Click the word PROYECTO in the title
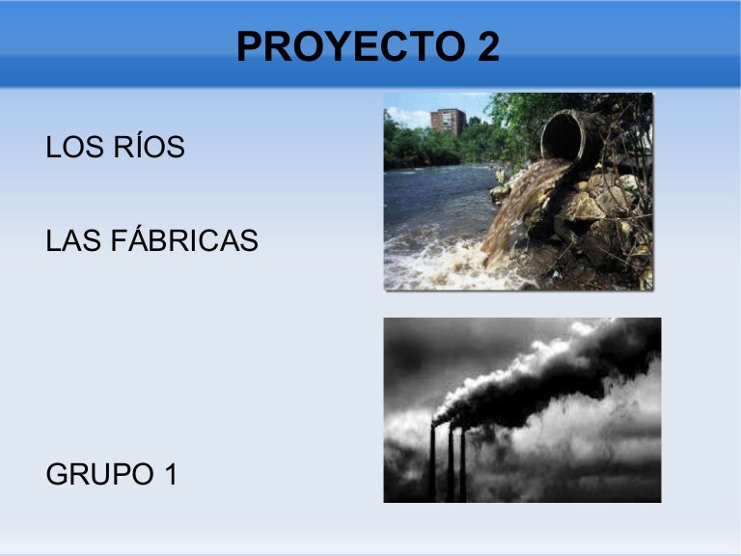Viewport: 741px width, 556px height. click(x=350, y=46)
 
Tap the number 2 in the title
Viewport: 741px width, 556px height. click(x=488, y=46)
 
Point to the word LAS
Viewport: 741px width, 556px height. click(x=73, y=240)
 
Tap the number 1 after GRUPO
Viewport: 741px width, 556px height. click(x=171, y=474)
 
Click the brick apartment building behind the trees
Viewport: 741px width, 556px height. click(x=448, y=121)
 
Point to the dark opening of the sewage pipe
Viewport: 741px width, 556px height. click(x=561, y=137)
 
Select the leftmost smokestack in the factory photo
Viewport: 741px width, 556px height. click(x=432, y=462)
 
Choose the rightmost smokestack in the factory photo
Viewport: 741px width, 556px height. click(x=463, y=464)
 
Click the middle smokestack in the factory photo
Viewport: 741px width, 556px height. click(x=451, y=464)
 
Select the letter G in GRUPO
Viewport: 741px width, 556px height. click(x=56, y=474)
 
